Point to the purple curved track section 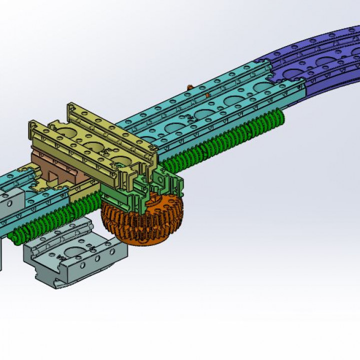[x=320, y=55]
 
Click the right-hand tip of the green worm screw [x=282, y=117]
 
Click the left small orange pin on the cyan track [x=189, y=88]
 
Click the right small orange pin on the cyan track [x=206, y=94]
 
